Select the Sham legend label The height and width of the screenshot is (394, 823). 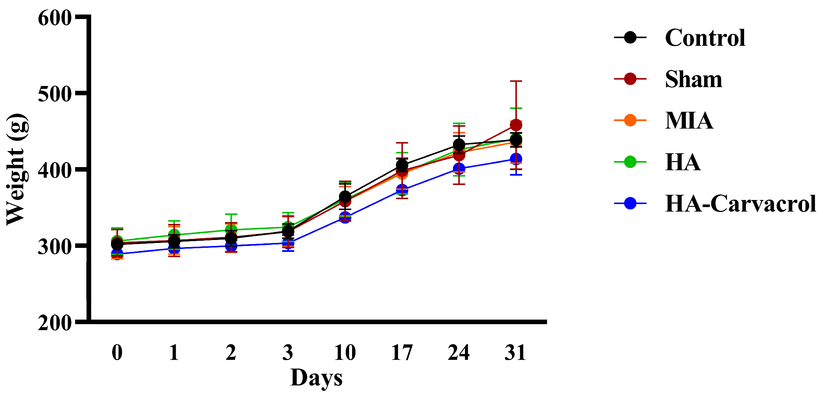(693, 79)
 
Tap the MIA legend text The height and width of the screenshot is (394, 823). (689, 120)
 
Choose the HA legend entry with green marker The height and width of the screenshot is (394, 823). (682, 162)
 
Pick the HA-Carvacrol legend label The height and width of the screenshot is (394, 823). (740, 203)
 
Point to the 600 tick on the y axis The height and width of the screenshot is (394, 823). (55, 18)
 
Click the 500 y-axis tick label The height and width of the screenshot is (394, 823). (55, 94)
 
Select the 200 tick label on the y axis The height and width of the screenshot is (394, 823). (55, 323)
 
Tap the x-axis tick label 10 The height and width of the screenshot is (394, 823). (345, 352)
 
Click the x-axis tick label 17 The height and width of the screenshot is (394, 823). (402, 352)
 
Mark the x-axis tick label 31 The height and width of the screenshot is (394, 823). (515, 352)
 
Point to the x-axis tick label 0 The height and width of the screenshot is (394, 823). (117, 352)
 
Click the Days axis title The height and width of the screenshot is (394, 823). (316, 378)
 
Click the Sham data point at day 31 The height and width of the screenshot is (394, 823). (516, 125)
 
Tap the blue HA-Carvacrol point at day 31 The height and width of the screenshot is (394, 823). (516, 159)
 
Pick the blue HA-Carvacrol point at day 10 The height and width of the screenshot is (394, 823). (345, 218)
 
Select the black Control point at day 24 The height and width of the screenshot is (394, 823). (459, 145)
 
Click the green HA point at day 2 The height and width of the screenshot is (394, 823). (231, 230)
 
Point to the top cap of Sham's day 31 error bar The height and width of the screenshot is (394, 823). (516, 81)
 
